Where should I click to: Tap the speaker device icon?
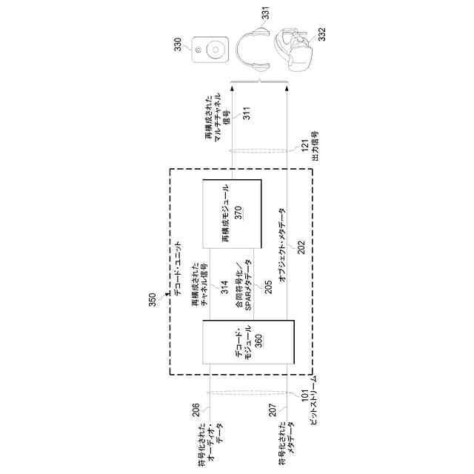[210, 50]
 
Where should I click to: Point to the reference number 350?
[153, 298]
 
